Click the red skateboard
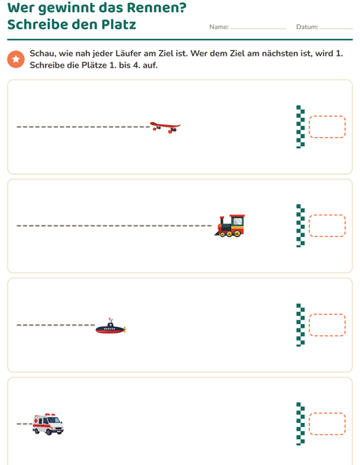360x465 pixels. pos(165,127)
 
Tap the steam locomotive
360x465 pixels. pos(229,226)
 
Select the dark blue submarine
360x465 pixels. pos(110,326)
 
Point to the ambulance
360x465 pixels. pos(48,424)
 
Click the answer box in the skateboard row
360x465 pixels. pos(327,127)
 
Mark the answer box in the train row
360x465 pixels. pos(327,226)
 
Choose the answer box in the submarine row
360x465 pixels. pos(327,325)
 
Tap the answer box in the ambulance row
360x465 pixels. pos(327,424)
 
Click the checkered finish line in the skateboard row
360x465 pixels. pos(301,127)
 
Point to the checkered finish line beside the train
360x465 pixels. pos(301,226)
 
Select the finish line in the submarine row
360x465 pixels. pos(301,325)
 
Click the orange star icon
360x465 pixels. pos(16,59)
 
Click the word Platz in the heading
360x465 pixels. pos(118,24)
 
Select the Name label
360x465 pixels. pos(219,27)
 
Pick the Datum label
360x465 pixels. pos(307,27)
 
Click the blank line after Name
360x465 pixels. pos(259,28)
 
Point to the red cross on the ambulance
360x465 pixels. pos(36,421)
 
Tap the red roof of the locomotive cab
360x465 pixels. pos(237,216)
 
